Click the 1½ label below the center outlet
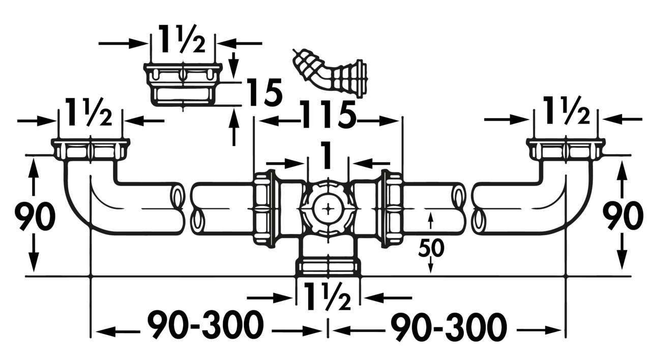pos(328,296)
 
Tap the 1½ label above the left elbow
pos(90,116)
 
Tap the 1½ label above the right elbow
pos(566,116)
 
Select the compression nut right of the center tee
pos(391,209)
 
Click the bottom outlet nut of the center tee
pos(329,267)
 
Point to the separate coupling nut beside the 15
pos(183,84)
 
